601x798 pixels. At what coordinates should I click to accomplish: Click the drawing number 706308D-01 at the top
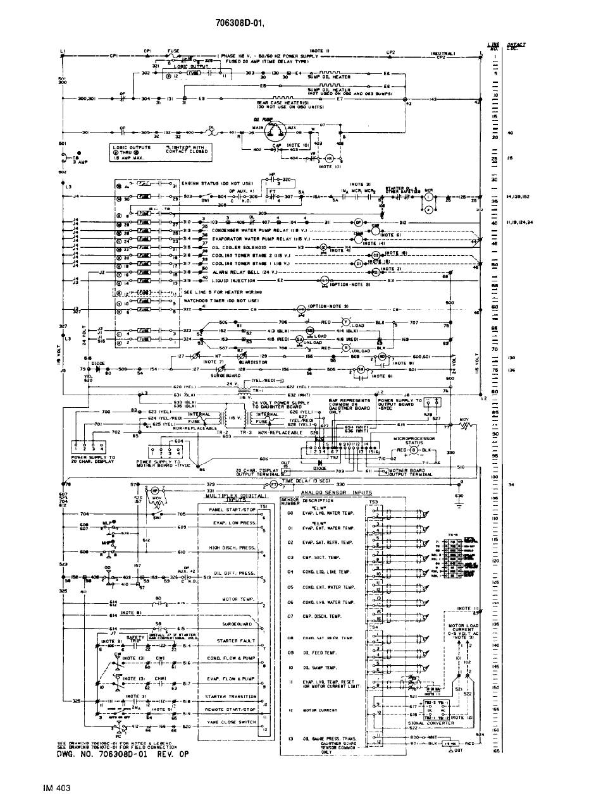click(249, 25)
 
